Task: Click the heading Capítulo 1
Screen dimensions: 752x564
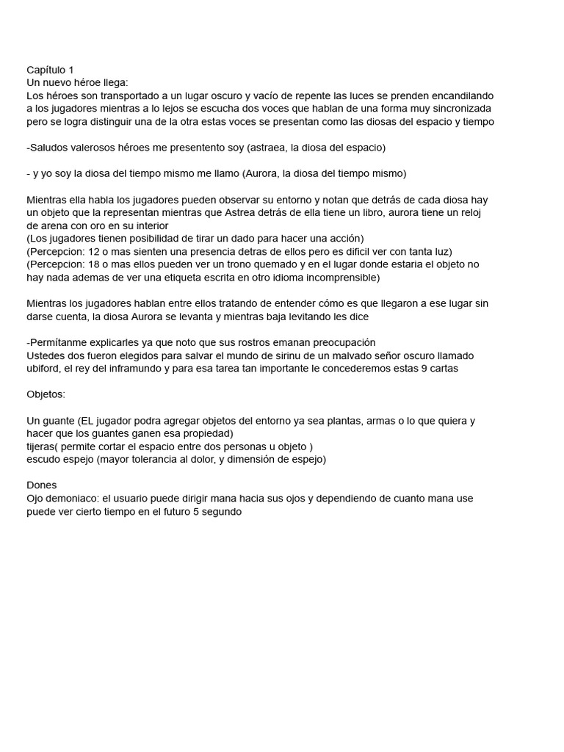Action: point(50,70)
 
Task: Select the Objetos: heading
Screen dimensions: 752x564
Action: point(46,394)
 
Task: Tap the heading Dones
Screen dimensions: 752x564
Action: point(42,485)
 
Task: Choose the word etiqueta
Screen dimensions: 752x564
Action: point(184,278)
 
